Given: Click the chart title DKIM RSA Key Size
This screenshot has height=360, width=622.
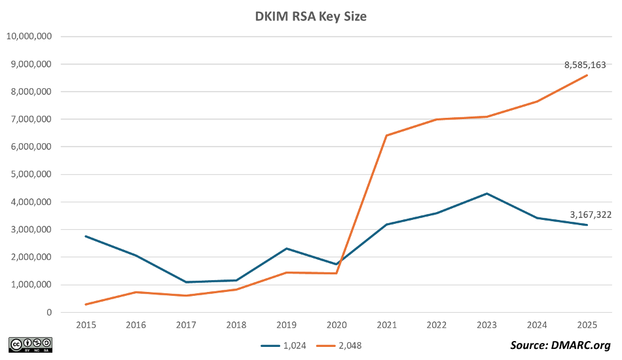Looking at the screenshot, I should point(310,18).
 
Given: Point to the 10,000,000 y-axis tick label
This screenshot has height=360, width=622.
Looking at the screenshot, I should point(28,37).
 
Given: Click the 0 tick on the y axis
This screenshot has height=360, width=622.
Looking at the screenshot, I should point(48,312).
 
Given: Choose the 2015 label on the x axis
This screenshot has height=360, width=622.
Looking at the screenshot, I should point(84,325).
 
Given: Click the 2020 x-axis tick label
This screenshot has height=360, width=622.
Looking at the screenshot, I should point(336,325).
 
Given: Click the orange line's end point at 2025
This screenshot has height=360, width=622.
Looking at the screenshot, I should point(587,75).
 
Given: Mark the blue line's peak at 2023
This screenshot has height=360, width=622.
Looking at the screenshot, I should point(486,193).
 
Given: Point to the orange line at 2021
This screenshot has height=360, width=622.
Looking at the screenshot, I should point(386,135).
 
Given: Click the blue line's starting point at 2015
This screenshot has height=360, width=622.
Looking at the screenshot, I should point(85,236).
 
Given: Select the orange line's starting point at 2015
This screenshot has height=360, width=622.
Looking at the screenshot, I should point(85,304).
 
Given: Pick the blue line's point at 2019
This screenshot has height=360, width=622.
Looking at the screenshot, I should point(286,248).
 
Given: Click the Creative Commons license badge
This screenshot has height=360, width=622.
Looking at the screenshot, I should point(30,344).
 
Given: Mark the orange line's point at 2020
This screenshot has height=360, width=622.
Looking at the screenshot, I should point(336,273).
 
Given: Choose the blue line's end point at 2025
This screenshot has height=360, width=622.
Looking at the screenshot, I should point(587,225).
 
